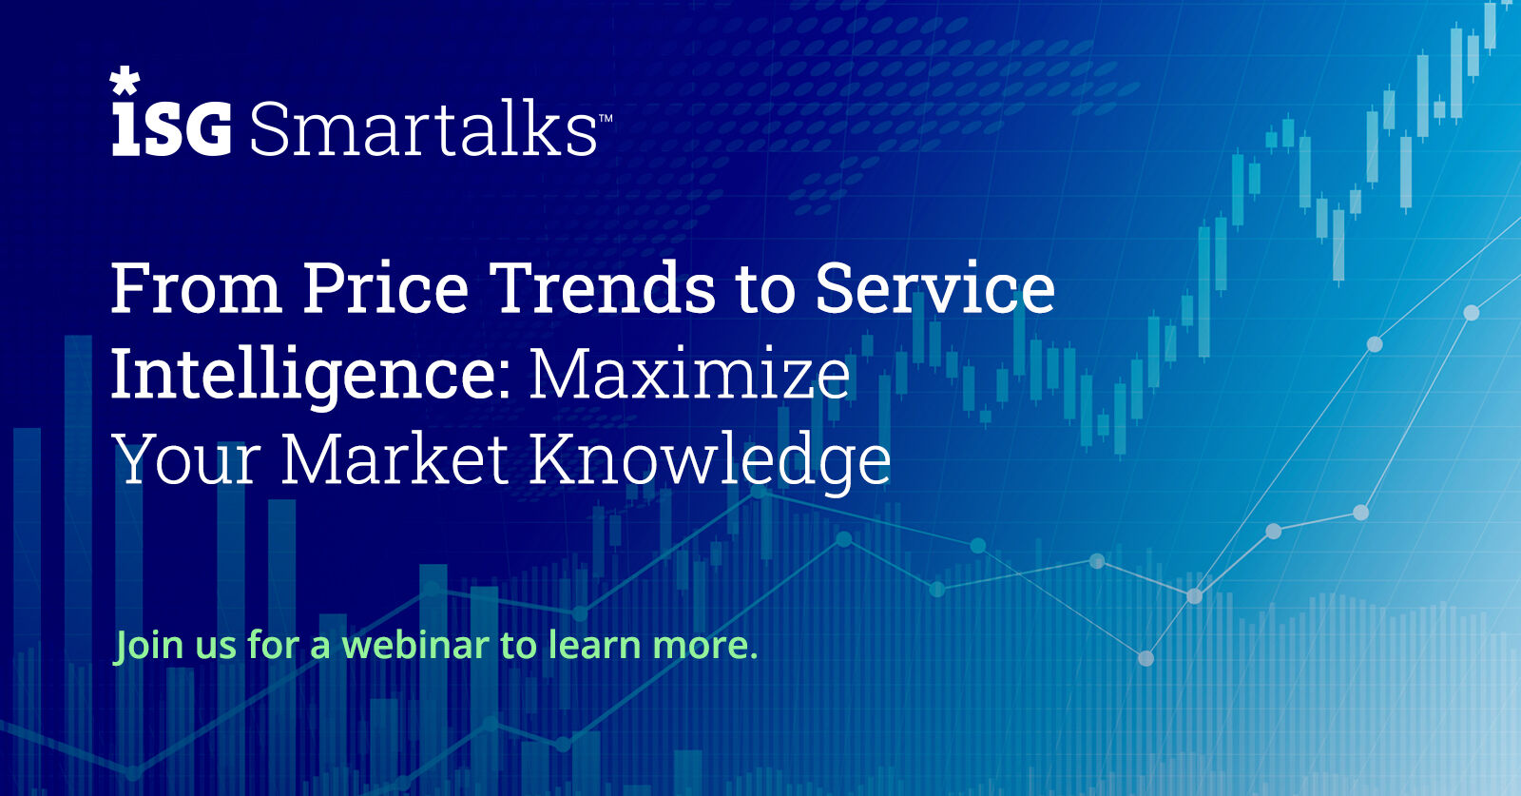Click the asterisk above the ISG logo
coord(125,80)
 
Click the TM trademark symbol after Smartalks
coord(605,118)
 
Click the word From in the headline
coord(196,288)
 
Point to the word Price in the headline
coord(385,288)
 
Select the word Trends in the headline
coord(602,288)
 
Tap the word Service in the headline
coord(935,288)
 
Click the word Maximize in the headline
coord(689,375)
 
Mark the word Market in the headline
coord(395,458)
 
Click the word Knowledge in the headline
coord(710,462)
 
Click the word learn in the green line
coord(594,644)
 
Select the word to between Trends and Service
coord(765,292)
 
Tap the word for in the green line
coord(273,644)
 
